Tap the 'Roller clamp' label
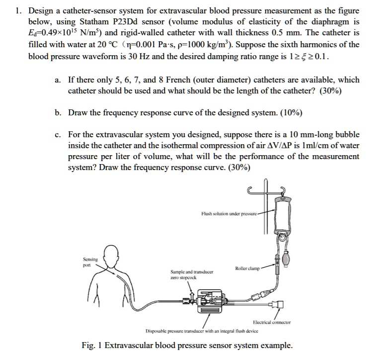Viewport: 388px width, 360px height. (x=246, y=269)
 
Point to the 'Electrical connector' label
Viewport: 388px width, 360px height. (x=271, y=322)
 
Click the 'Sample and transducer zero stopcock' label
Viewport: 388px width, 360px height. (x=191, y=274)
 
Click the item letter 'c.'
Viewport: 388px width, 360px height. (x=58, y=135)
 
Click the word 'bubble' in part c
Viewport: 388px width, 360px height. (x=347, y=135)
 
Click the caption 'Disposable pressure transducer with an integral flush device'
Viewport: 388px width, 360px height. (x=202, y=331)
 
